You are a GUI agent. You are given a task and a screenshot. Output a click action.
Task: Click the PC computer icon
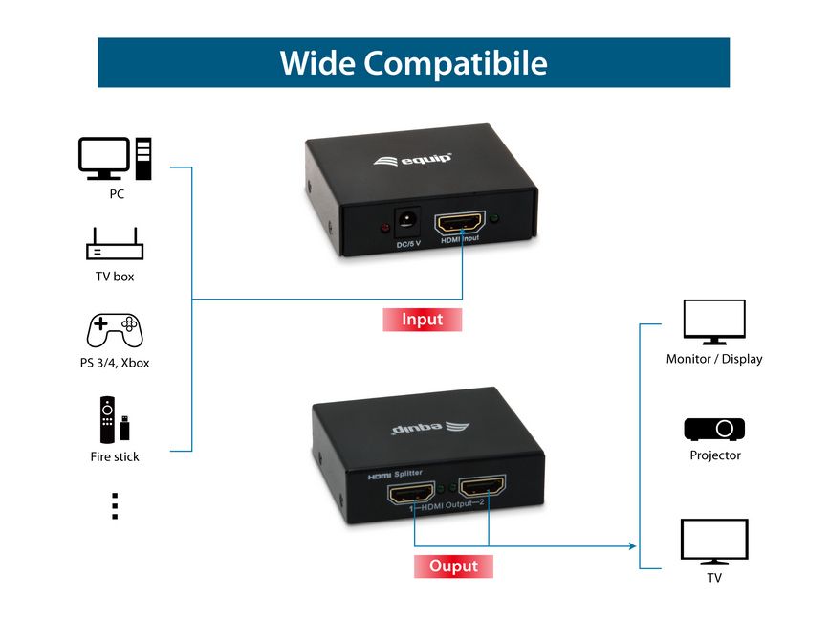tap(115, 159)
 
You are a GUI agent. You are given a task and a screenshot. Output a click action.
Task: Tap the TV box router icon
tap(115, 246)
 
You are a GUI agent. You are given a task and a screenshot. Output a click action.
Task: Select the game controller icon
tap(115, 330)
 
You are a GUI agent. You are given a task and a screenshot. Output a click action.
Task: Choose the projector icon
tap(714, 429)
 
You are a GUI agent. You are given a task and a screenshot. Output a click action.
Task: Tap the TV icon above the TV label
tap(714, 542)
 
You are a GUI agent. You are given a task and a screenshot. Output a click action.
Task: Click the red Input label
tap(422, 320)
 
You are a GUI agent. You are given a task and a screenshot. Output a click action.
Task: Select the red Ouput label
tap(453, 566)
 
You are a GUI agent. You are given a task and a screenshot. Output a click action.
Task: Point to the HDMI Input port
tap(460, 224)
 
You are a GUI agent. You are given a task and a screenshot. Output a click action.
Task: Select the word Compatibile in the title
tap(455, 63)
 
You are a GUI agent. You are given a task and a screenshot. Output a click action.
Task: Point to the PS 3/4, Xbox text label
tap(115, 364)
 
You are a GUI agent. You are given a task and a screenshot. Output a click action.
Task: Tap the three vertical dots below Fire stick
tap(115, 506)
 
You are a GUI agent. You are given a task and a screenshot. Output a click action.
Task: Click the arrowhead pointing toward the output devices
tap(631, 546)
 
